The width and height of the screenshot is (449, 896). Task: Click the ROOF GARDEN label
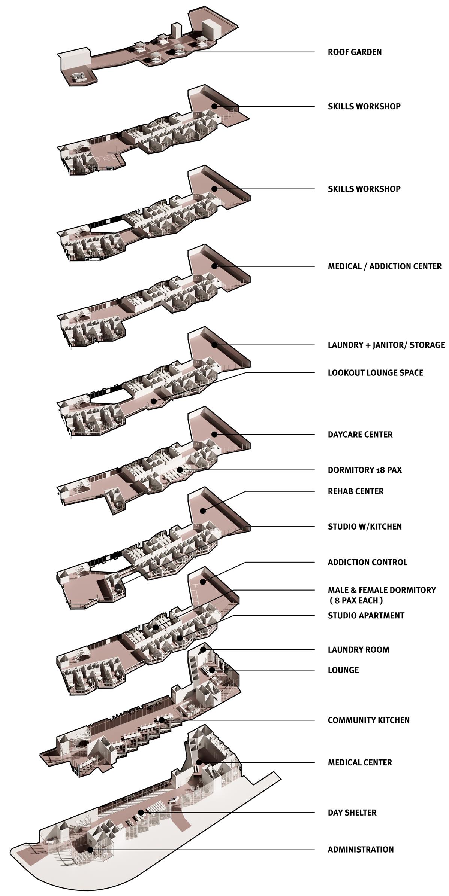click(x=355, y=52)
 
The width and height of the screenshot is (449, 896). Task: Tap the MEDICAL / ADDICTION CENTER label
click(x=385, y=266)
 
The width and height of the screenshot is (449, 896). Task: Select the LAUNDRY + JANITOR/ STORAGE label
click(x=386, y=345)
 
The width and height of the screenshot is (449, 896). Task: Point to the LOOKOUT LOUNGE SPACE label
click(x=375, y=373)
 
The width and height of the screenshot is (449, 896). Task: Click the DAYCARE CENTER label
click(x=360, y=435)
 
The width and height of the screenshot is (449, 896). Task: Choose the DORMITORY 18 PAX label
click(x=365, y=470)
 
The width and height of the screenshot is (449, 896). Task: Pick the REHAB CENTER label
click(x=356, y=491)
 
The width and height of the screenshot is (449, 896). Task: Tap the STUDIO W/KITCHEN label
click(x=365, y=527)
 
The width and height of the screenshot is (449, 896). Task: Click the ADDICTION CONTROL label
click(x=367, y=562)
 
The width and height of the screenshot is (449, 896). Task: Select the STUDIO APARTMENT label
click(x=366, y=616)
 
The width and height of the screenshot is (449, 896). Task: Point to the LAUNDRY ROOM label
click(x=358, y=650)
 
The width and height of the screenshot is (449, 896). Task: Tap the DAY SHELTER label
click(x=352, y=813)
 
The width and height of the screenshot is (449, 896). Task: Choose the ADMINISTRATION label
click(x=361, y=850)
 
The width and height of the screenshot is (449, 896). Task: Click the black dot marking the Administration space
click(x=90, y=850)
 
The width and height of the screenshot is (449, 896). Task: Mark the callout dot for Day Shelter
click(x=141, y=812)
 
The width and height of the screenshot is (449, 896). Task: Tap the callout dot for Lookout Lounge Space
click(x=153, y=401)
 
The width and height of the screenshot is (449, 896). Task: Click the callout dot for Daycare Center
click(x=214, y=434)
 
